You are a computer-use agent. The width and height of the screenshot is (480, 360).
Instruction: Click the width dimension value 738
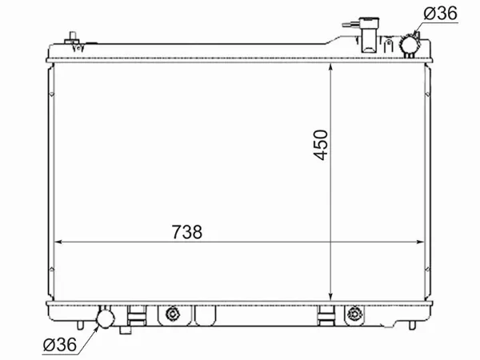point(186,231)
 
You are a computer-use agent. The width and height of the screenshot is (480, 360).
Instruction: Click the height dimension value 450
point(321,144)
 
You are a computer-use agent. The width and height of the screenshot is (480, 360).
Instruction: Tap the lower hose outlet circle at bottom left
point(105,319)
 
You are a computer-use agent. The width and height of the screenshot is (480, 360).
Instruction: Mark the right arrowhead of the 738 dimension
point(422,241)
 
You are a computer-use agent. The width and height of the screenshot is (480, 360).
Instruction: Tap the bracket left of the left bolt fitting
point(137,316)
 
